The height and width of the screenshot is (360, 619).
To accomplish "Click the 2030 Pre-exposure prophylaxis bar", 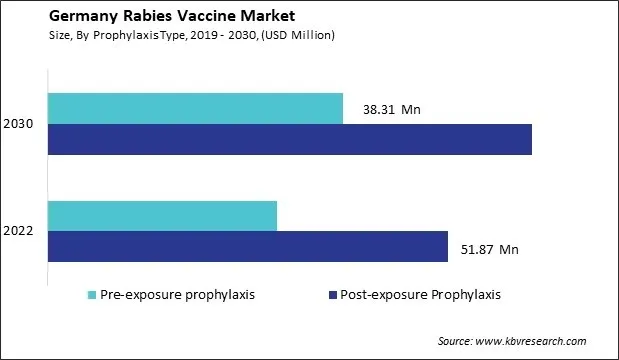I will click(x=195, y=109).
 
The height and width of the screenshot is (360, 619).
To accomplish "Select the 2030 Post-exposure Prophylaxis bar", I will click(x=289, y=140).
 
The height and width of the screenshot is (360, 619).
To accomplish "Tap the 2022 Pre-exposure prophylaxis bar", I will click(x=162, y=215).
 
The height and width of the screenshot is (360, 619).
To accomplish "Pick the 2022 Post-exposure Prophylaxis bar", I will click(x=247, y=246).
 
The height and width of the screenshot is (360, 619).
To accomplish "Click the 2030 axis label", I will click(x=21, y=125).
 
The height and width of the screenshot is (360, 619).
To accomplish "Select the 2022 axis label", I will click(x=21, y=231).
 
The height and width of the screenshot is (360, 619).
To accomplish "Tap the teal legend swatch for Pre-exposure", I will click(x=93, y=295).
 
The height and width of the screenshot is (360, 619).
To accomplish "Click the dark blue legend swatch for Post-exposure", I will click(x=332, y=295).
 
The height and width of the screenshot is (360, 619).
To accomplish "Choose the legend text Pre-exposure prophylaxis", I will click(x=178, y=295).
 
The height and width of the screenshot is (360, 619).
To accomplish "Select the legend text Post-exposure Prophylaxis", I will click(x=420, y=295).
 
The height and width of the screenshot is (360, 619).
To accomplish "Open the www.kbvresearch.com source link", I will click(x=548, y=342).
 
